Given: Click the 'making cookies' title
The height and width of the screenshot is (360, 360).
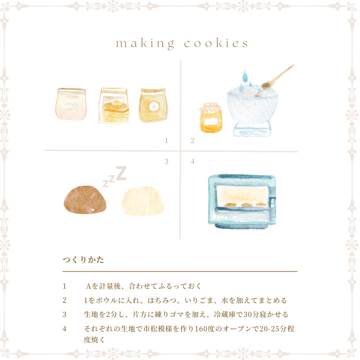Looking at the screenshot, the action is pos(182,43).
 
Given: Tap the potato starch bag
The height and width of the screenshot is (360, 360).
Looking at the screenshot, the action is pos(71,104).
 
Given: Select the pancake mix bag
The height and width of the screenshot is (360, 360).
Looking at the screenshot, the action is pos(113,106).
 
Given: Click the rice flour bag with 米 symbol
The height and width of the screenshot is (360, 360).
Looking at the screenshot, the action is pos(153,105).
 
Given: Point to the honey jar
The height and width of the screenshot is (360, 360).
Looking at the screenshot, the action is pos(211,118).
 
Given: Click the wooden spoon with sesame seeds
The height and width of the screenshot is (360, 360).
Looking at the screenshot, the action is pos(277,77).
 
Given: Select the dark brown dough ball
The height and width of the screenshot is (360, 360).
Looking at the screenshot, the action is pos(85,200).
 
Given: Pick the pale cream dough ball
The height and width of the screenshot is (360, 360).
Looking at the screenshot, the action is pos(143,201).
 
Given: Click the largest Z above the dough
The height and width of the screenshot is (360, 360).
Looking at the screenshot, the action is pos(121,173).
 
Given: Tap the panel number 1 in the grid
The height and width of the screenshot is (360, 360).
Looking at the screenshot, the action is pos(166,140).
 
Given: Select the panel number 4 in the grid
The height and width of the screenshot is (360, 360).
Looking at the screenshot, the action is pos(193,161).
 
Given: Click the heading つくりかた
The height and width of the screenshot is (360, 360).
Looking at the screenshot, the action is pos(83,260).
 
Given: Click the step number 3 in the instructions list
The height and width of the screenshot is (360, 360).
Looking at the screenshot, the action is pos(65,315).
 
